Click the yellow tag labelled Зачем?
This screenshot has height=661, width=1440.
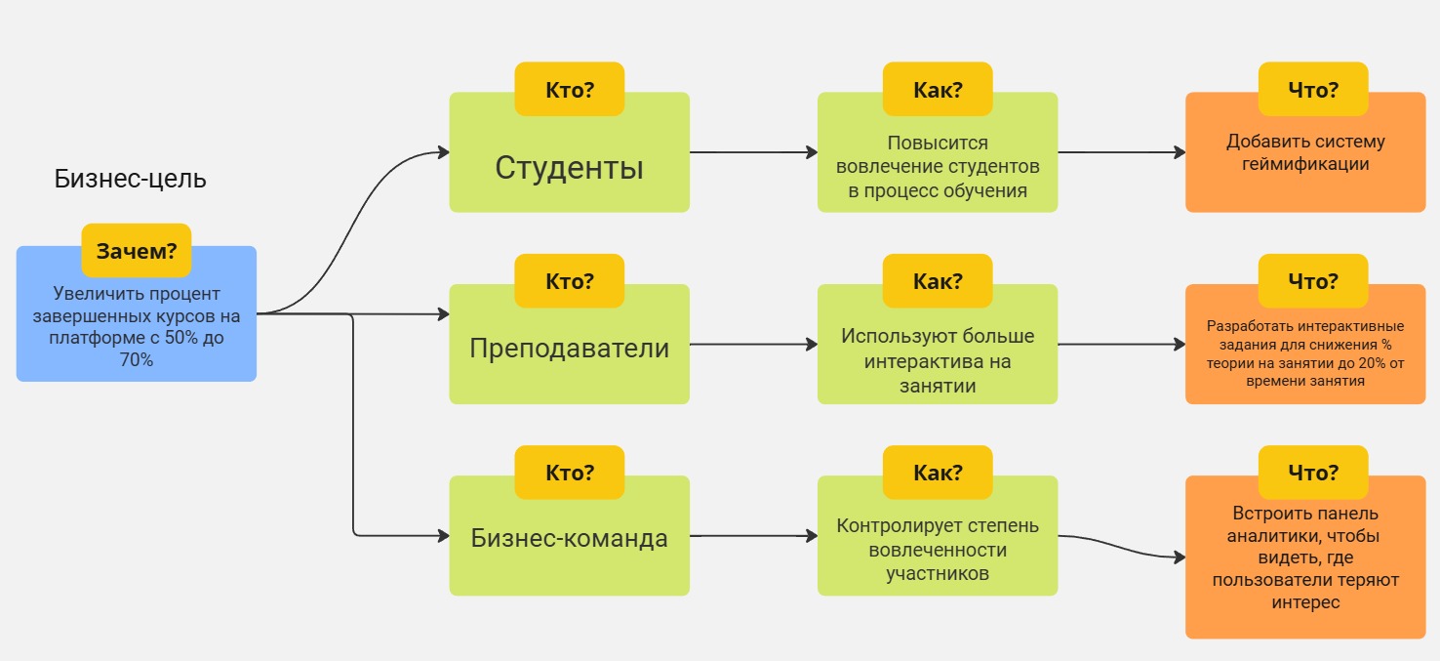coord(136,251)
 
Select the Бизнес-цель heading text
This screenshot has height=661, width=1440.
coord(130,180)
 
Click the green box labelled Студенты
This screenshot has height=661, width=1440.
coord(569,168)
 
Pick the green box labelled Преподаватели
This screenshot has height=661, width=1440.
coord(569,349)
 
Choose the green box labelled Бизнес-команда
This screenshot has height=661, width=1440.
coord(569,538)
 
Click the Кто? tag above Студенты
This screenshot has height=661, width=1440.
coord(569,90)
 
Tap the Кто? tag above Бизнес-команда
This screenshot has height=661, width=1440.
coord(569,474)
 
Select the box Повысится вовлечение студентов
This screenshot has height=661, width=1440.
coord(937,167)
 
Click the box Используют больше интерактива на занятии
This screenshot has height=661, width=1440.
coord(937,360)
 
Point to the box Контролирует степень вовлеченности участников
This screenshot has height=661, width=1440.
coord(937,550)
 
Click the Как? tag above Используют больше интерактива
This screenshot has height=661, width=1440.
coord(937,281)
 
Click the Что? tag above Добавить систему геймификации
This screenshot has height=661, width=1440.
coord(1312,90)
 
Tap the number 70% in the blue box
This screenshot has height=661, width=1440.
coord(137,360)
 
